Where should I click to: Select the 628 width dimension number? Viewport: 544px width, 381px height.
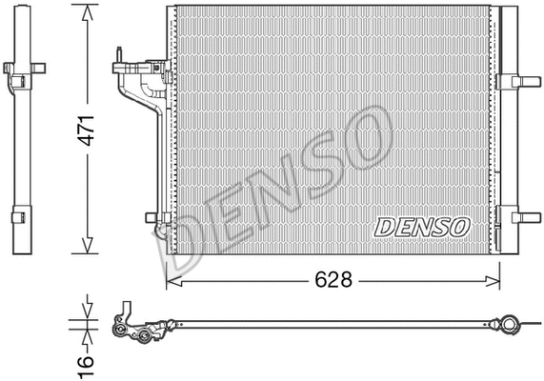[x=332, y=280]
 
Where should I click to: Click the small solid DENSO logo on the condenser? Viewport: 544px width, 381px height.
[x=421, y=227]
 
